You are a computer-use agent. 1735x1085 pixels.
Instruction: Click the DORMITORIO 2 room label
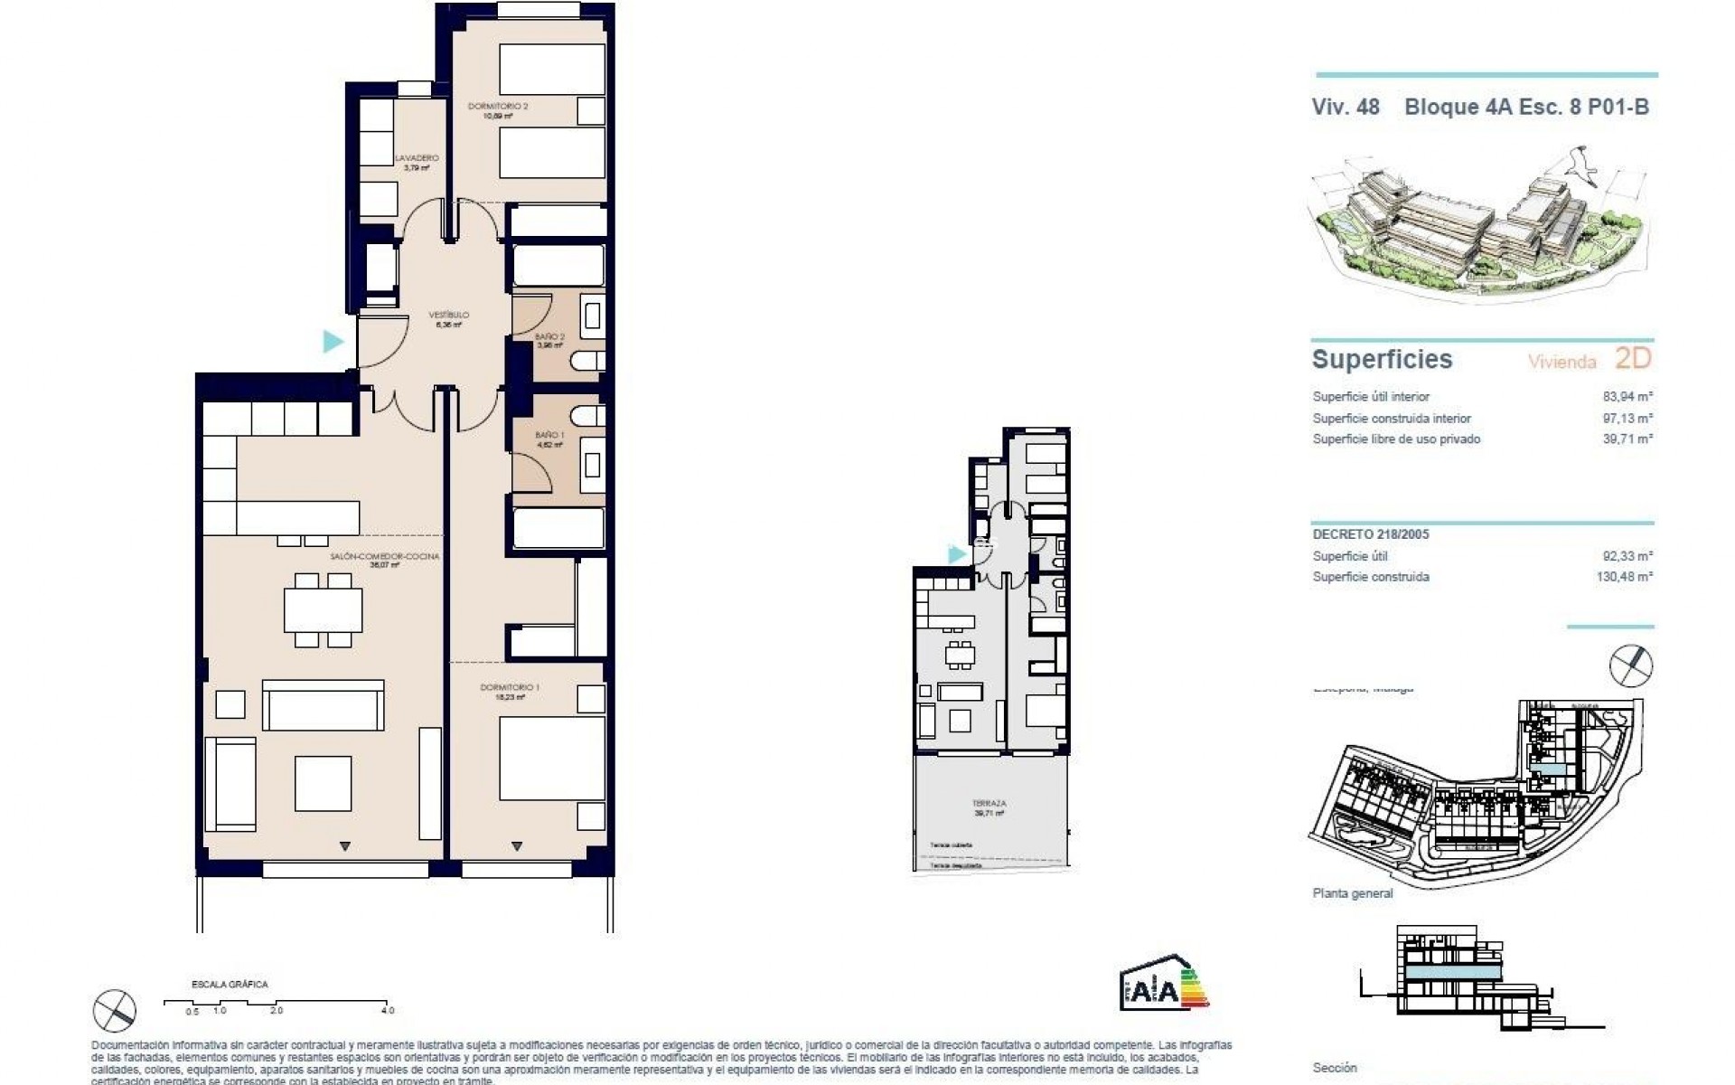(498, 107)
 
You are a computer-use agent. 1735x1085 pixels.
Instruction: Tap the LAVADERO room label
(417, 158)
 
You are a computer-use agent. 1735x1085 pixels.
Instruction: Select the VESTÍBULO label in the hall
(448, 316)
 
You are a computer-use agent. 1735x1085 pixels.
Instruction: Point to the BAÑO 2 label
(549, 337)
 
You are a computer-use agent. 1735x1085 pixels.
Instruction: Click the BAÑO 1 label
(549, 436)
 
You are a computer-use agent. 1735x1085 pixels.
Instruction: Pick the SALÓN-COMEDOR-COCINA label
(398, 557)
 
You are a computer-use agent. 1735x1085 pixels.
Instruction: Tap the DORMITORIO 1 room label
(511, 688)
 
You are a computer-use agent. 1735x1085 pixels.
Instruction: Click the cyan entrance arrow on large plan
(333, 342)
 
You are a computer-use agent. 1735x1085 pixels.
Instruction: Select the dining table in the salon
(324, 610)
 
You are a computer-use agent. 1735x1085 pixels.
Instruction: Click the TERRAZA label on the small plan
(989, 803)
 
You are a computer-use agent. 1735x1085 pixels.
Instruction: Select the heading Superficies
(1382, 359)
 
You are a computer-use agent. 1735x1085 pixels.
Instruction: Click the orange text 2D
(1632, 359)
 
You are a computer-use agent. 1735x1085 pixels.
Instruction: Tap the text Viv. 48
(1346, 107)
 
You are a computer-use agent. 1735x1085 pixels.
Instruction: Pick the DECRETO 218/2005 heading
(1371, 534)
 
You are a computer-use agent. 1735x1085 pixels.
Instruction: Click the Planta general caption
(1352, 893)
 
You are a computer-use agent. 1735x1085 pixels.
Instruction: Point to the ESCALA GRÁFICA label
(230, 985)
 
